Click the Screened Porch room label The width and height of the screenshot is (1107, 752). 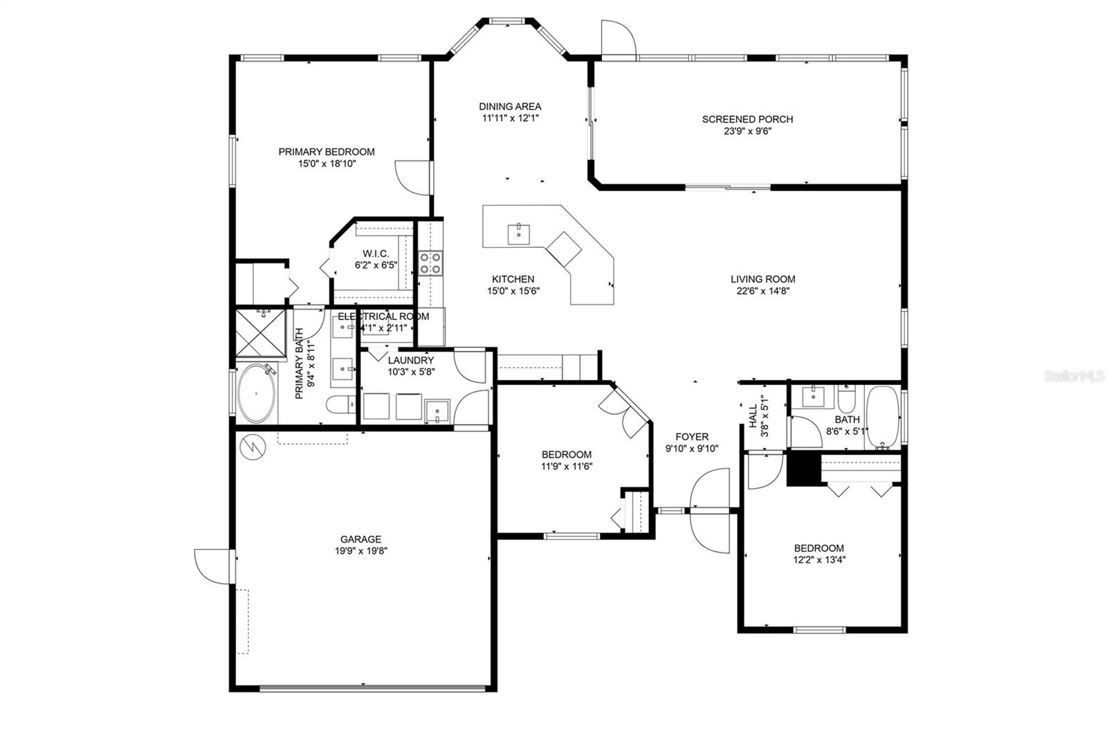747,119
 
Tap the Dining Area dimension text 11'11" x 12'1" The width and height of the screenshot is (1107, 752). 510,118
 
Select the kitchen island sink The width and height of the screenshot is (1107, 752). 519,235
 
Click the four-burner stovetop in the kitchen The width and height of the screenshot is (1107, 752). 430,263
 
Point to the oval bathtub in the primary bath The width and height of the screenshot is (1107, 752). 257,393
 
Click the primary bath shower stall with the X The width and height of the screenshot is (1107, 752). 260,332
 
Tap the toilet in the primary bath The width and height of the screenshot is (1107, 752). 340,404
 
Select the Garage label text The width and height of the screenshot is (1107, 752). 360,539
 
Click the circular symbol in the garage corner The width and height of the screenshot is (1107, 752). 253,447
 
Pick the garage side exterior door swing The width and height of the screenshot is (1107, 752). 213,566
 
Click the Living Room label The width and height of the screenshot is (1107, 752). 763,279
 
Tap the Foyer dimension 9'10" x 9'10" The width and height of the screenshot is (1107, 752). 692,449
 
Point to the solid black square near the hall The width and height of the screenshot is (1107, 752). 804,469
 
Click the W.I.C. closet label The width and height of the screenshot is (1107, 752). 376,253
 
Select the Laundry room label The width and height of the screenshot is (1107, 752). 411,360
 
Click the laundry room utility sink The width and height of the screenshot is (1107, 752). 437,411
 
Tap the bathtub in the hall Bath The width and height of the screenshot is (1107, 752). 883,417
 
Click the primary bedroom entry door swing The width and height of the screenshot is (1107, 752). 412,177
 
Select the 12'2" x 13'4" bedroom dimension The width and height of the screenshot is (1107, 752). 819,560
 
